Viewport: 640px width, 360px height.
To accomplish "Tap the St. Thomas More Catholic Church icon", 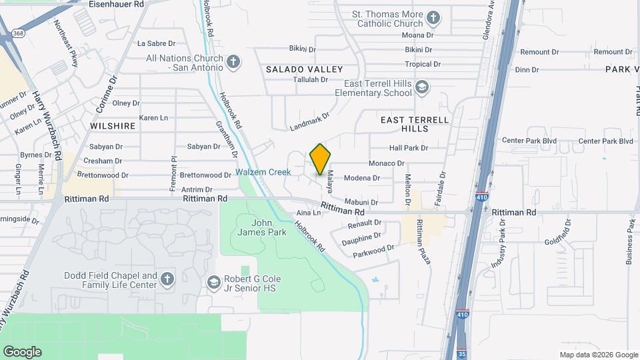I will [433, 17].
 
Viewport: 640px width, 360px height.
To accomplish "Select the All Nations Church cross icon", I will [233, 63].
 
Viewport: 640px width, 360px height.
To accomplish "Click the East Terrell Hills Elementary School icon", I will [421, 87].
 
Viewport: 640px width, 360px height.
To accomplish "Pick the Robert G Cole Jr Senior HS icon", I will [213, 283].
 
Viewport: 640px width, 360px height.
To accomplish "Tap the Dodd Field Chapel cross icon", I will [167, 279].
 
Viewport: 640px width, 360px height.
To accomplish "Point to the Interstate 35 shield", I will [461, 353].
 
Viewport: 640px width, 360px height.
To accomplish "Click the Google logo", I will [22, 352].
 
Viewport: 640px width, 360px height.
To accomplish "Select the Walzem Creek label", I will [263, 172].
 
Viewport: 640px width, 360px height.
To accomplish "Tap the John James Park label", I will [261, 227].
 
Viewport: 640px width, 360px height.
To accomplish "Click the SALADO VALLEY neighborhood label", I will [304, 69].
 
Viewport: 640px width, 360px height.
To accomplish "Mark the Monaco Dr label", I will [387, 163].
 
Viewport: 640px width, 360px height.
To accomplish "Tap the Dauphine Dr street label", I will [361, 236].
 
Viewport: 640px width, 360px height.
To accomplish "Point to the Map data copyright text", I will [597, 355].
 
